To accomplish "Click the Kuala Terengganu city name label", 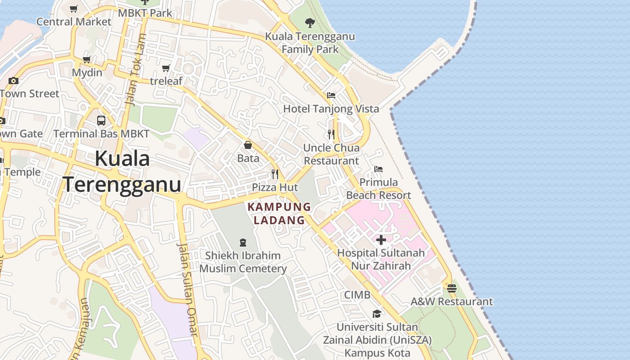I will [x=121, y=172].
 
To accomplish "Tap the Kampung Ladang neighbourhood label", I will [x=279, y=213].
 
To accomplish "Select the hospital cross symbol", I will [x=381, y=240].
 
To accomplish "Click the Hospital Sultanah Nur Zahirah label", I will [x=381, y=259].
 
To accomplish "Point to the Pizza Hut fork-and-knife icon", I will [x=275, y=174].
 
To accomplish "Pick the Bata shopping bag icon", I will [x=248, y=145].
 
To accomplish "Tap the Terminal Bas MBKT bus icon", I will [x=101, y=121].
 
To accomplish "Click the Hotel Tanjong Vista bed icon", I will [x=331, y=95].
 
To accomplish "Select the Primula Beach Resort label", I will [x=378, y=189].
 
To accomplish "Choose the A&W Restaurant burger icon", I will [x=452, y=288].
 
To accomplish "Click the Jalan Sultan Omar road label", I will [x=187, y=289].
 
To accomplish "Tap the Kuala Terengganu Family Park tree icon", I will [x=310, y=22].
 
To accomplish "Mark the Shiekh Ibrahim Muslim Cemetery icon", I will [x=243, y=242].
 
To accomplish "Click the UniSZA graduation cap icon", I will [x=377, y=314].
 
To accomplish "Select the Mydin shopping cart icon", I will [x=87, y=60].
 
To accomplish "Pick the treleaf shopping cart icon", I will [x=166, y=68].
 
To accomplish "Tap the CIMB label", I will [x=357, y=295].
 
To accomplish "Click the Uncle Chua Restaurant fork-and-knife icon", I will [x=331, y=134].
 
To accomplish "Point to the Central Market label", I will [x=74, y=22].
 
